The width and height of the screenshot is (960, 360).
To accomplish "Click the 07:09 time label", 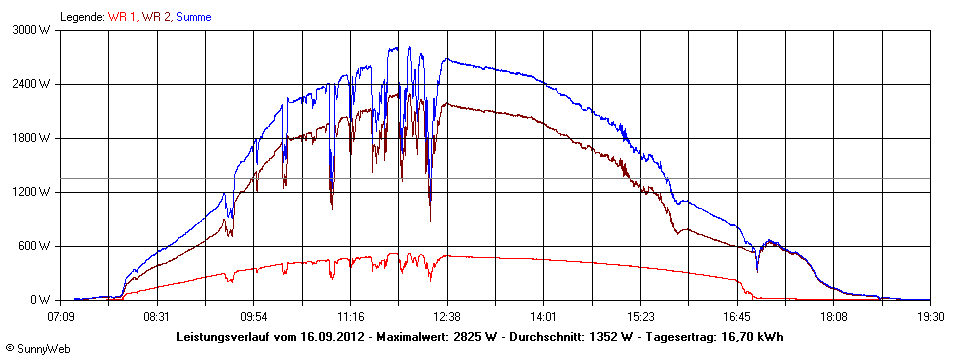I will coord(62,316).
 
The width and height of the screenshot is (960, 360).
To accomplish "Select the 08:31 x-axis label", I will coord(157,316).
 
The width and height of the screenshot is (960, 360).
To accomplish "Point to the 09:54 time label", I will coord(253,316).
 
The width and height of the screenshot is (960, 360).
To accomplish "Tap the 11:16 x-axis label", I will coord(350,316).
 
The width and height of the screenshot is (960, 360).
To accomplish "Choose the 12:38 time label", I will coord(447,316).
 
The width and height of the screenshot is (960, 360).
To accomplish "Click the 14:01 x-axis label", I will coord(543,316).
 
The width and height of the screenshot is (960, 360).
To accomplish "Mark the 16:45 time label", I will coord(737,316).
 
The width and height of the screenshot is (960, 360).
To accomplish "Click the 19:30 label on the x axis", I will coord(930,316).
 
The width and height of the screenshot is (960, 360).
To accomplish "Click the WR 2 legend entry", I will coord(155,16).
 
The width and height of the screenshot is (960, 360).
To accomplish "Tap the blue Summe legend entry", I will coord(193,16).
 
